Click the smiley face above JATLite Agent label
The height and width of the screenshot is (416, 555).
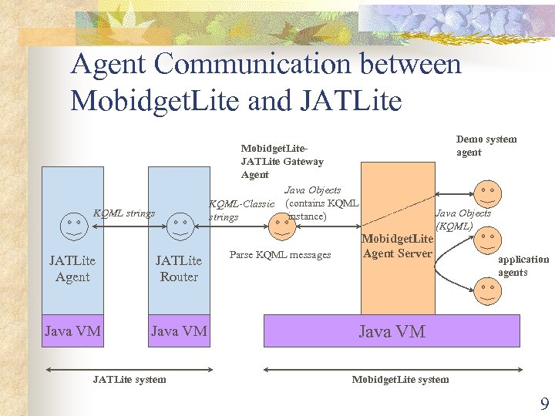(x=72, y=223)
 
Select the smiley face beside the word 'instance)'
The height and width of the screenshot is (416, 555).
(x=278, y=223)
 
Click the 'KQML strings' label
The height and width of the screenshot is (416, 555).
(x=123, y=213)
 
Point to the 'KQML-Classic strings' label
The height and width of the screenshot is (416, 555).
(x=242, y=210)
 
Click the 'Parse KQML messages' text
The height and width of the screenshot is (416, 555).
(x=280, y=255)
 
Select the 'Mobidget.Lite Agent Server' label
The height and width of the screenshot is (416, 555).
(x=397, y=247)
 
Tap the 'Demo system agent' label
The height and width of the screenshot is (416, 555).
(x=486, y=146)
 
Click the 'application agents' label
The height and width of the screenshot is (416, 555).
(x=523, y=266)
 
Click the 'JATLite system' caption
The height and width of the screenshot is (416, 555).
(x=129, y=379)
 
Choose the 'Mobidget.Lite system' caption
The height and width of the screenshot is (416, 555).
(x=400, y=379)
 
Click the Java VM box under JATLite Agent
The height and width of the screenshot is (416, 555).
(x=72, y=331)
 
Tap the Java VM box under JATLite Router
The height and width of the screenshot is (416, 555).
(x=179, y=331)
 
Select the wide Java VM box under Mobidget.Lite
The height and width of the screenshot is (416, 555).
(x=392, y=331)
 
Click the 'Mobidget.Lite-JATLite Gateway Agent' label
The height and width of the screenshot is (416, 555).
(x=282, y=162)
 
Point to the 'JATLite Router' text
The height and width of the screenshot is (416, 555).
(x=179, y=269)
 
